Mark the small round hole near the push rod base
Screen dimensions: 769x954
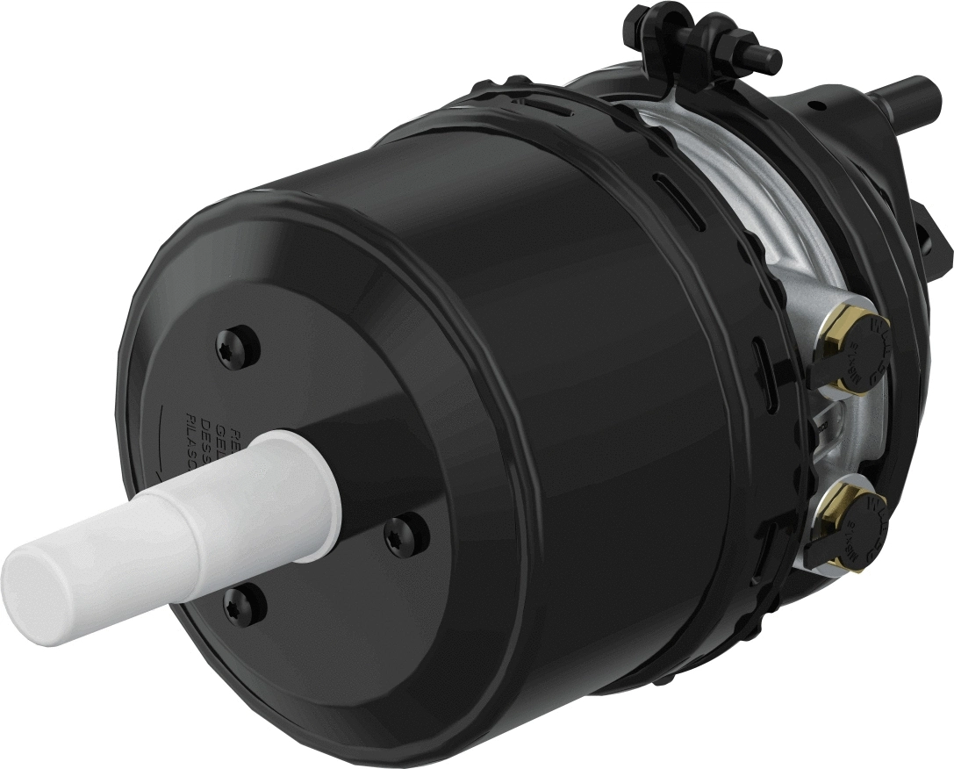click(x=818, y=106)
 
